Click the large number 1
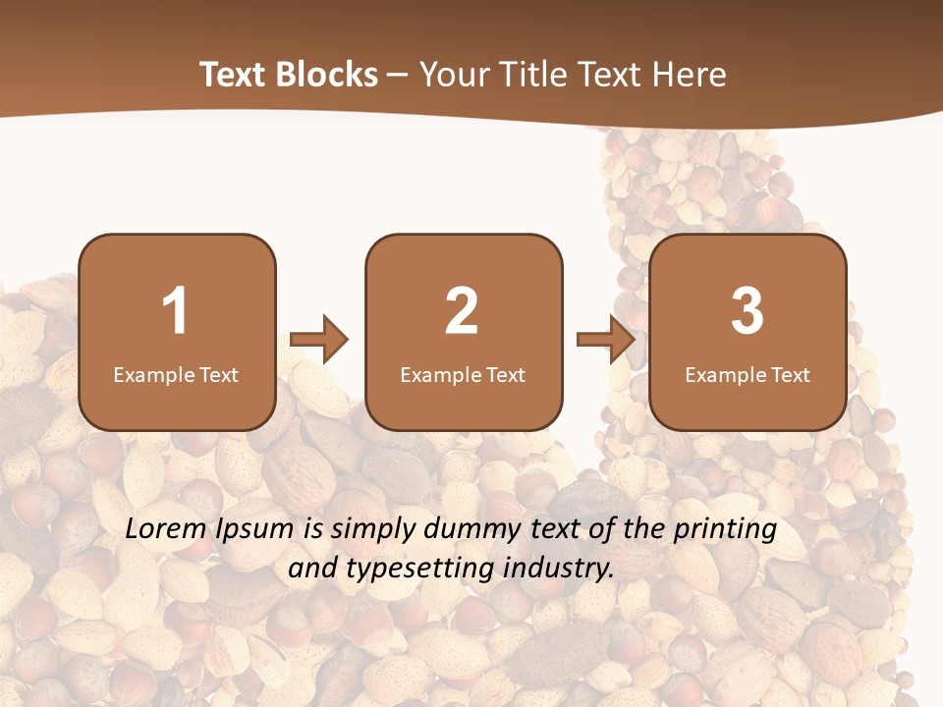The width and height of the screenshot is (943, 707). click(x=176, y=311)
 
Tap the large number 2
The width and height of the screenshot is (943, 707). click(x=462, y=311)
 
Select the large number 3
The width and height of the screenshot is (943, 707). click(x=748, y=311)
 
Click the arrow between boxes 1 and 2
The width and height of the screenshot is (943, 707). click(x=319, y=340)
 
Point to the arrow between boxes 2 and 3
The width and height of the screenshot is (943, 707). click(x=605, y=340)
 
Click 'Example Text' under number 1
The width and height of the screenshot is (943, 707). click(x=176, y=374)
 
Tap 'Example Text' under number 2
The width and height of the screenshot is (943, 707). click(x=463, y=374)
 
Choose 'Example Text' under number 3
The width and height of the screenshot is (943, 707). click(x=748, y=374)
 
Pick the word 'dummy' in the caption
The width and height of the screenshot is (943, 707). click(x=461, y=530)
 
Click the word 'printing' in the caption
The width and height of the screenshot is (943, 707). click(x=725, y=530)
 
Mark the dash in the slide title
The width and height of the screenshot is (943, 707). click(x=399, y=76)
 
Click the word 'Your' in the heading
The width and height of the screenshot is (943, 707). click(x=457, y=75)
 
